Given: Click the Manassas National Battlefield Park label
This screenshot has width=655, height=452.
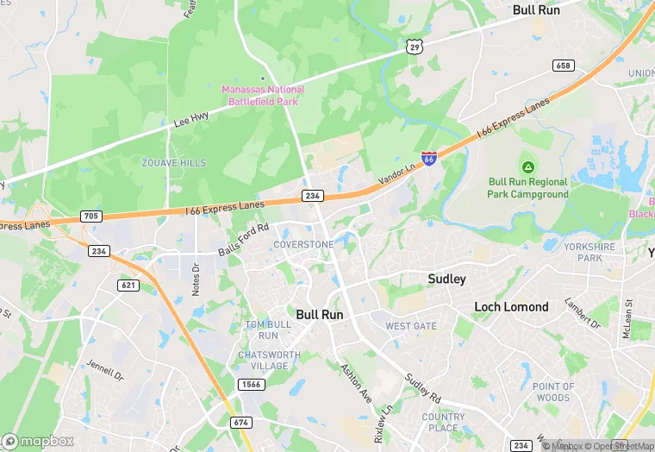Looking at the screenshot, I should pyautogui.click(x=263, y=95).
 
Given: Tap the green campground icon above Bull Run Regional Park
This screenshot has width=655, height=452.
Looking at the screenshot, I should pyautogui.click(x=527, y=166).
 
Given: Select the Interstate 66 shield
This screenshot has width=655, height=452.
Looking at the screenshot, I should pyautogui.click(x=429, y=159).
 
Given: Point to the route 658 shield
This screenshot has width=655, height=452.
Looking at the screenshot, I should pyautogui.click(x=564, y=66).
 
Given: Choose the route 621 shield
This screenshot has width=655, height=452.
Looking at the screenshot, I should pyautogui.click(x=128, y=285).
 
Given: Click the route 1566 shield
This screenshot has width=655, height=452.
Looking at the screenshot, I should pyautogui.click(x=252, y=384).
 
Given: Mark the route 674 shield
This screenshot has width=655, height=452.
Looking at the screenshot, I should pyautogui.click(x=241, y=422).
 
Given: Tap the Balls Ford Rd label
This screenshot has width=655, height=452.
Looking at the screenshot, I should pyautogui.click(x=244, y=238).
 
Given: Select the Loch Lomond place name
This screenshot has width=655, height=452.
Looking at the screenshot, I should pyautogui.click(x=511, y=307).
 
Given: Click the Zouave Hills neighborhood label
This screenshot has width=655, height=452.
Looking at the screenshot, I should pyautogui.click(x=174, y=163).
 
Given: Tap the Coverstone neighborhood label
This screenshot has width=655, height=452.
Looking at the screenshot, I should pyautogui.click(x=303, y=245).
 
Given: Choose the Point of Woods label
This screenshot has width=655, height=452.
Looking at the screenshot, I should pyautogui.click(x=551, y=392).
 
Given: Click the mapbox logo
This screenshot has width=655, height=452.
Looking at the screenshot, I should pyautogui.click(x=38, y=441).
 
